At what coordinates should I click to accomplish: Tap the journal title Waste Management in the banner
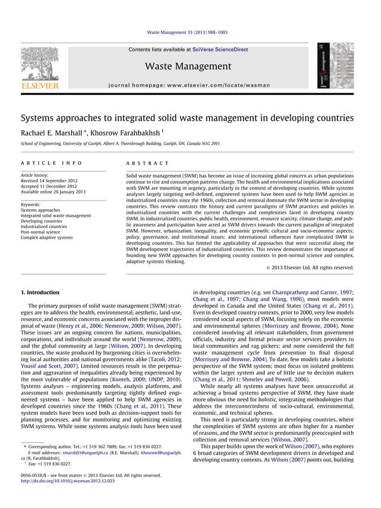(x=188, y=66)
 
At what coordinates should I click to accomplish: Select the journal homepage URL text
(x=188, y=85)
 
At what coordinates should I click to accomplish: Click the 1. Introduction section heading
(x=40, y=293)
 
